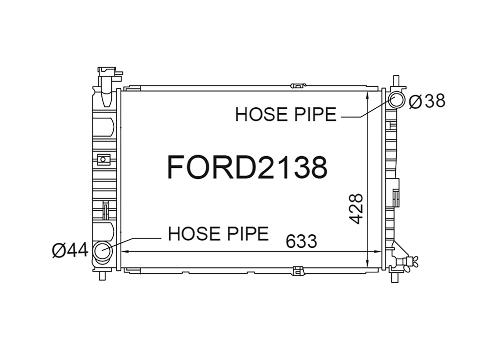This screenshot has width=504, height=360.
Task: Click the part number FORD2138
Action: click(x=247, y=167)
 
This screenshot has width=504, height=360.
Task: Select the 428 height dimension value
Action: click(x=356, y=208)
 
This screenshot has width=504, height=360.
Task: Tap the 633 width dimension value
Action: click(x=301, y=241)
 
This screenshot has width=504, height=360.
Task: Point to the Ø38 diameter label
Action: click(x=427, y=101)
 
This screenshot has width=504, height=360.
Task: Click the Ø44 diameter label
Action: click(x=70, y=250)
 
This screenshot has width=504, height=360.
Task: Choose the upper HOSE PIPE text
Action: click(x=286, y=114)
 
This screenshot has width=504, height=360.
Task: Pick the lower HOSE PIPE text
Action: click(x=218, y=233)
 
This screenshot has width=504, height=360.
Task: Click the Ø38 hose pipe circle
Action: click(x=396, y=100)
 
